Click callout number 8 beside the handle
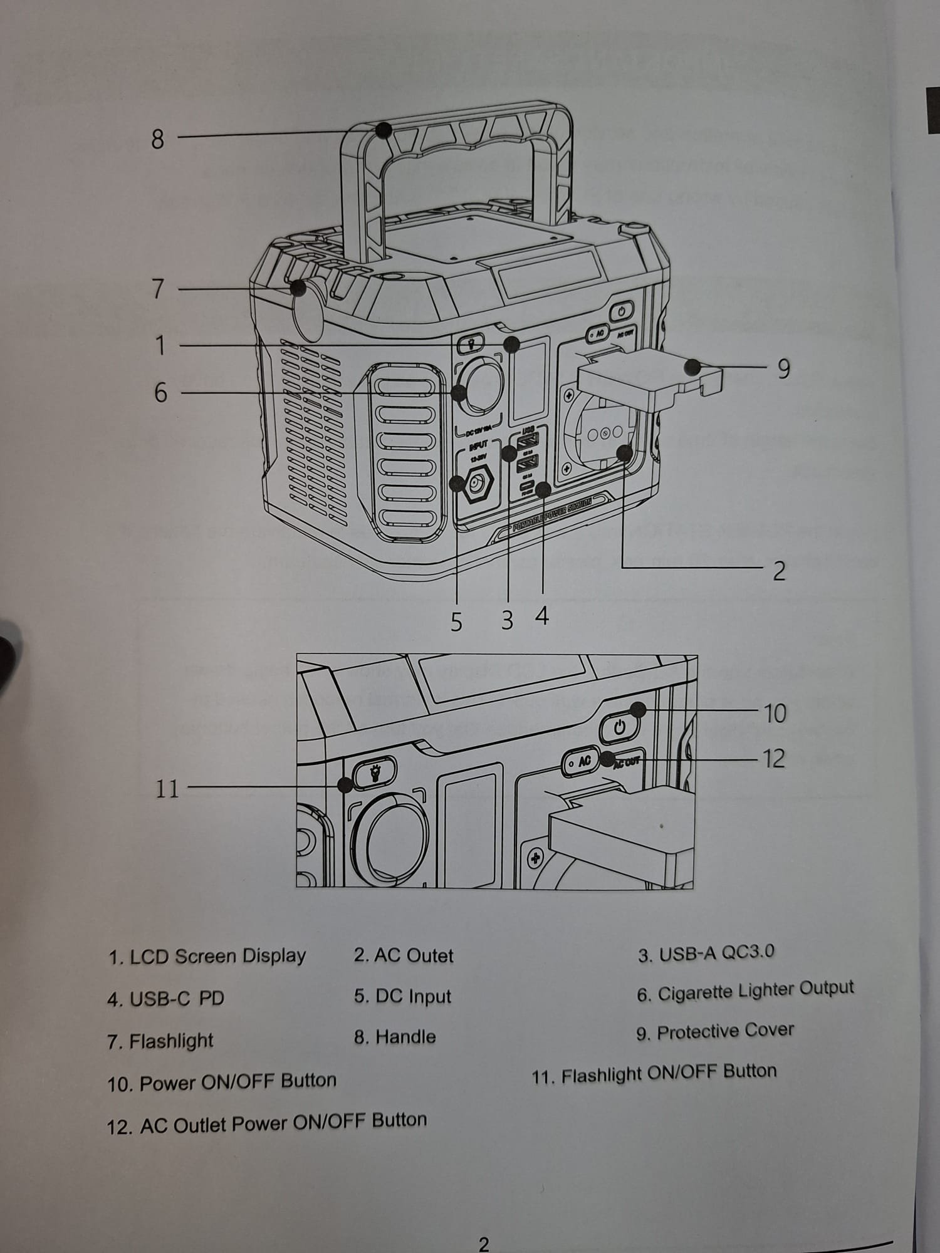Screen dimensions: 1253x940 pyautogui.click(x=157, y=138)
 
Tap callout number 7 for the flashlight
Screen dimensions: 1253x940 pyautogui.click(x=158, y=289)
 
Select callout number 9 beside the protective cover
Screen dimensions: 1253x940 pyautogui.click(x=783, y=369)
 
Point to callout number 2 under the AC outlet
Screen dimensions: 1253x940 pyautogui.click(x=779, y=571)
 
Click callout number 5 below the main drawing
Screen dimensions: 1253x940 pyautogui.click(x=456, y=621)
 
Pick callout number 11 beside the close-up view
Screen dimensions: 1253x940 pyautogui.click(x=167, y=788)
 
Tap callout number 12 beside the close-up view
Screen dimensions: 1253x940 pyautogui.click(x=774, y=759)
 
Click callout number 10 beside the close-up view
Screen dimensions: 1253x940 pyautogui.click(x=775, y=713)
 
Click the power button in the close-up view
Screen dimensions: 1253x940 pyautogui.click(x=620, y=727)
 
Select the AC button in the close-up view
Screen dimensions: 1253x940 pyautogui.click(x=581, y=762)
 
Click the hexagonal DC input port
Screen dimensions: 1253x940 pyautogui.click(x=478, y=484)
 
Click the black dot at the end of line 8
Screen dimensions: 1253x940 pyautogui.click(x=384, y=130)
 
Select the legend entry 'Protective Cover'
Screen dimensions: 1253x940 pyautogui.click(x=725, y=1031)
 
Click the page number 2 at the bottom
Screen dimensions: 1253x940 pyautogui.click(x=483, y=1243)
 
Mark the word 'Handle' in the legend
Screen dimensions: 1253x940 pyautogui.click(x=405, y=1037)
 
